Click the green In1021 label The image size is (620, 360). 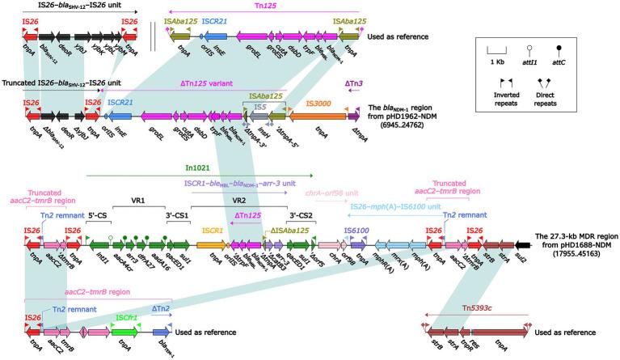pyautogui.click(x=196, y=167)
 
